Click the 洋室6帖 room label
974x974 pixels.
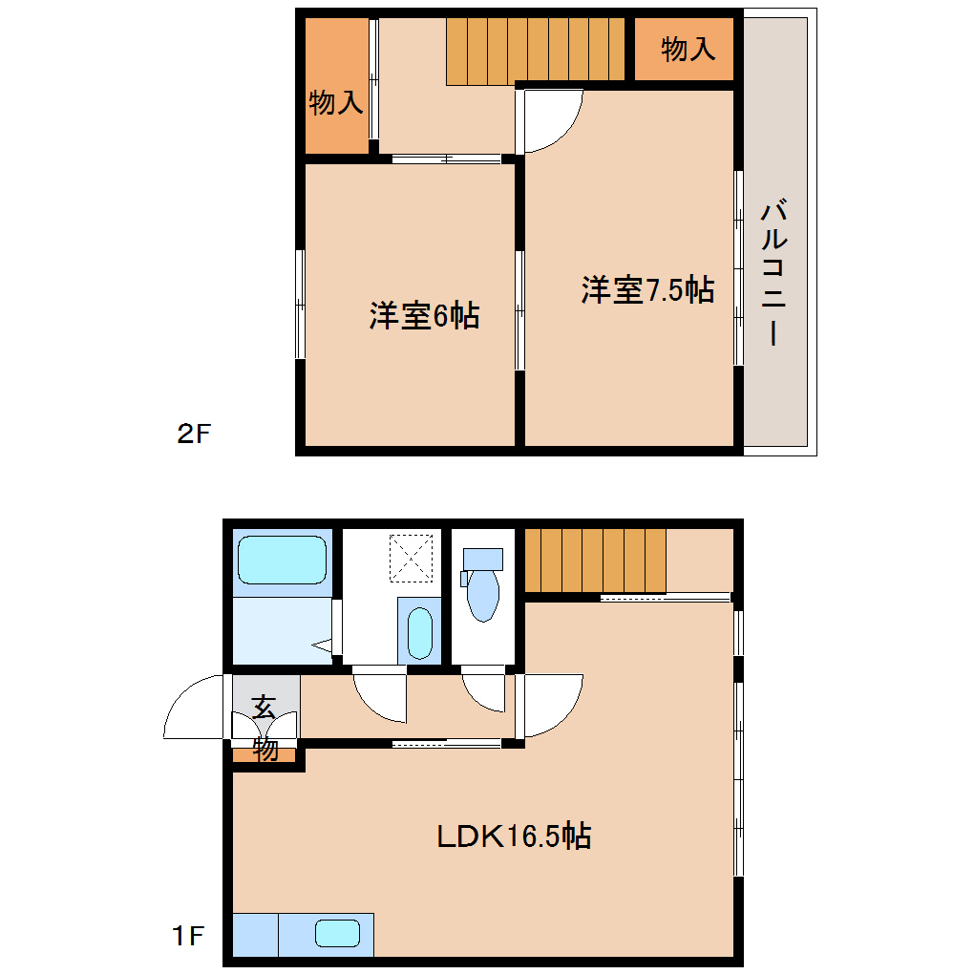point(424,315)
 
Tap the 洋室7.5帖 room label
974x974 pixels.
point(647,289)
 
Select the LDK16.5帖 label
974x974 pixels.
point(514,836)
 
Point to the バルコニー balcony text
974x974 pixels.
point(775,272)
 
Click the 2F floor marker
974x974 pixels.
point(193,434)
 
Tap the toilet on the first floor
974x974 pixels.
point(483,586)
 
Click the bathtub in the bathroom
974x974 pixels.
point(282,561)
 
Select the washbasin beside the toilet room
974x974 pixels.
point(419,631)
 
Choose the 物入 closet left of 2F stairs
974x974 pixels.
point(336,102)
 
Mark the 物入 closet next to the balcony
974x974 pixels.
point(688,49)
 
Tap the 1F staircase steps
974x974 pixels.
point(594,561)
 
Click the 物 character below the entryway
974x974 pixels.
point(265,750)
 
